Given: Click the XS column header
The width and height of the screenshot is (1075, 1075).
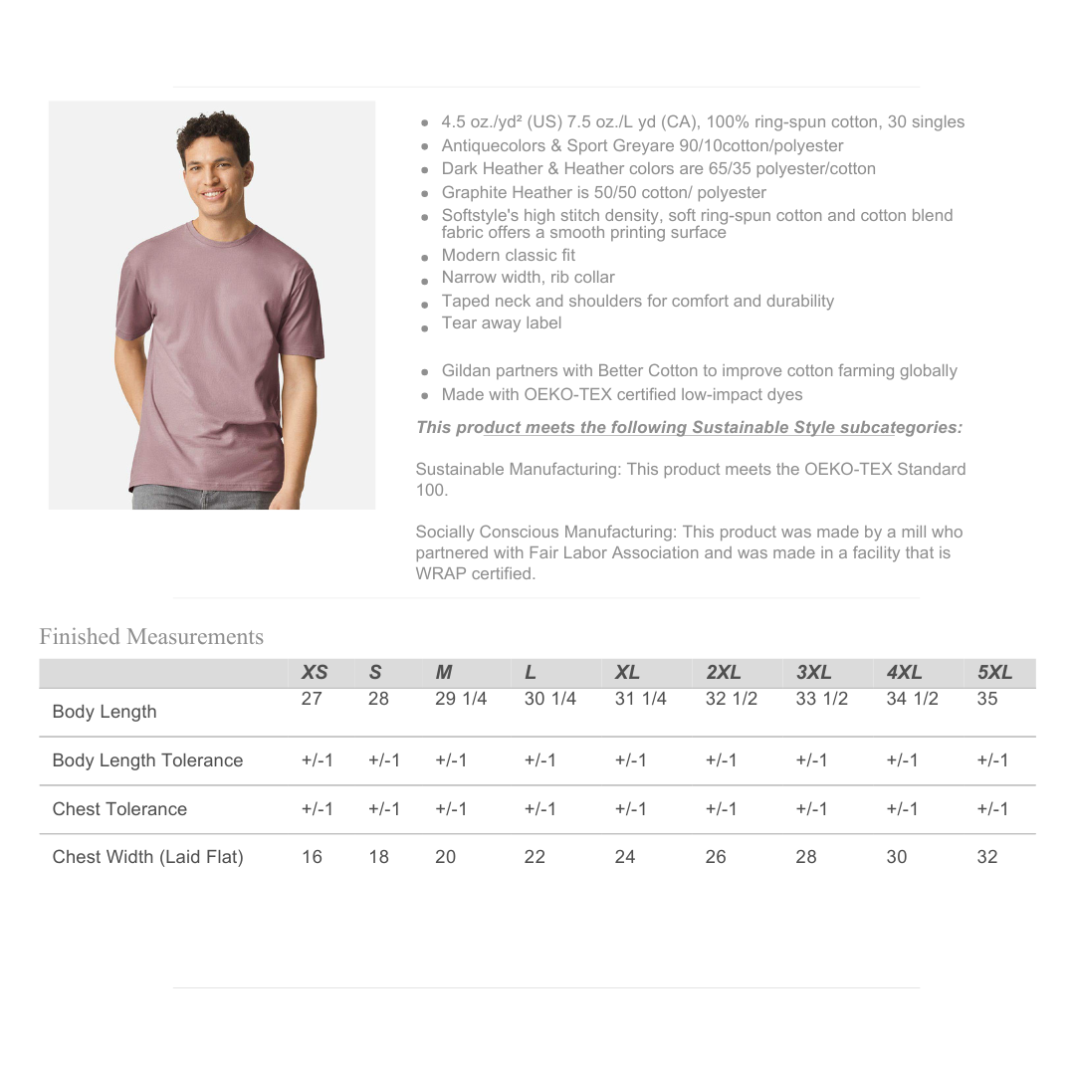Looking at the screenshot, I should coord(315,673).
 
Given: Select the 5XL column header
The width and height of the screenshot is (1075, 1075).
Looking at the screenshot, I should coord(994,673).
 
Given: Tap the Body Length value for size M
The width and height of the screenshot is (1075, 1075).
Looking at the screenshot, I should coord(461,699).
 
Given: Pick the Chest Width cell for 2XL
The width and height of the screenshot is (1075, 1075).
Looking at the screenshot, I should coord(716,857).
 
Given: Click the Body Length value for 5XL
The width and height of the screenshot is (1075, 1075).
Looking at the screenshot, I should coord(986,699).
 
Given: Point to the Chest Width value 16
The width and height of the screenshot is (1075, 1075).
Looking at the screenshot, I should coord(312,857).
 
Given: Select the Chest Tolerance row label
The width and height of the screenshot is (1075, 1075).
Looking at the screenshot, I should coord(119,809).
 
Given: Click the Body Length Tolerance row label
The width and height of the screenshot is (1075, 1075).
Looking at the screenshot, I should coord(147,760).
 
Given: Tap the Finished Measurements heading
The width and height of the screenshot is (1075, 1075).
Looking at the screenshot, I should coord(151,637).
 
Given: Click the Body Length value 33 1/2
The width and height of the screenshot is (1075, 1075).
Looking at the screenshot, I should coord(821,699).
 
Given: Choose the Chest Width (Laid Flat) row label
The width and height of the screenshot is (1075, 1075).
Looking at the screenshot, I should coord(147,857).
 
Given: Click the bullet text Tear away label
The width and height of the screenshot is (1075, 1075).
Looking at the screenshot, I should coord(502,323).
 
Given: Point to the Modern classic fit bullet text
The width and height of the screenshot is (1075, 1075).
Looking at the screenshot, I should coord(509,256).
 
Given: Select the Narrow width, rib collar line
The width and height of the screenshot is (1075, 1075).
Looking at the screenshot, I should coord(529,278).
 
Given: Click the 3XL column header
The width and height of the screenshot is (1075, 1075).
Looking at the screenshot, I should coord(813,673).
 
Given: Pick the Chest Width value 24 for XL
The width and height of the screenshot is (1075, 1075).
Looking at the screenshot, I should coord(625,857).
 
